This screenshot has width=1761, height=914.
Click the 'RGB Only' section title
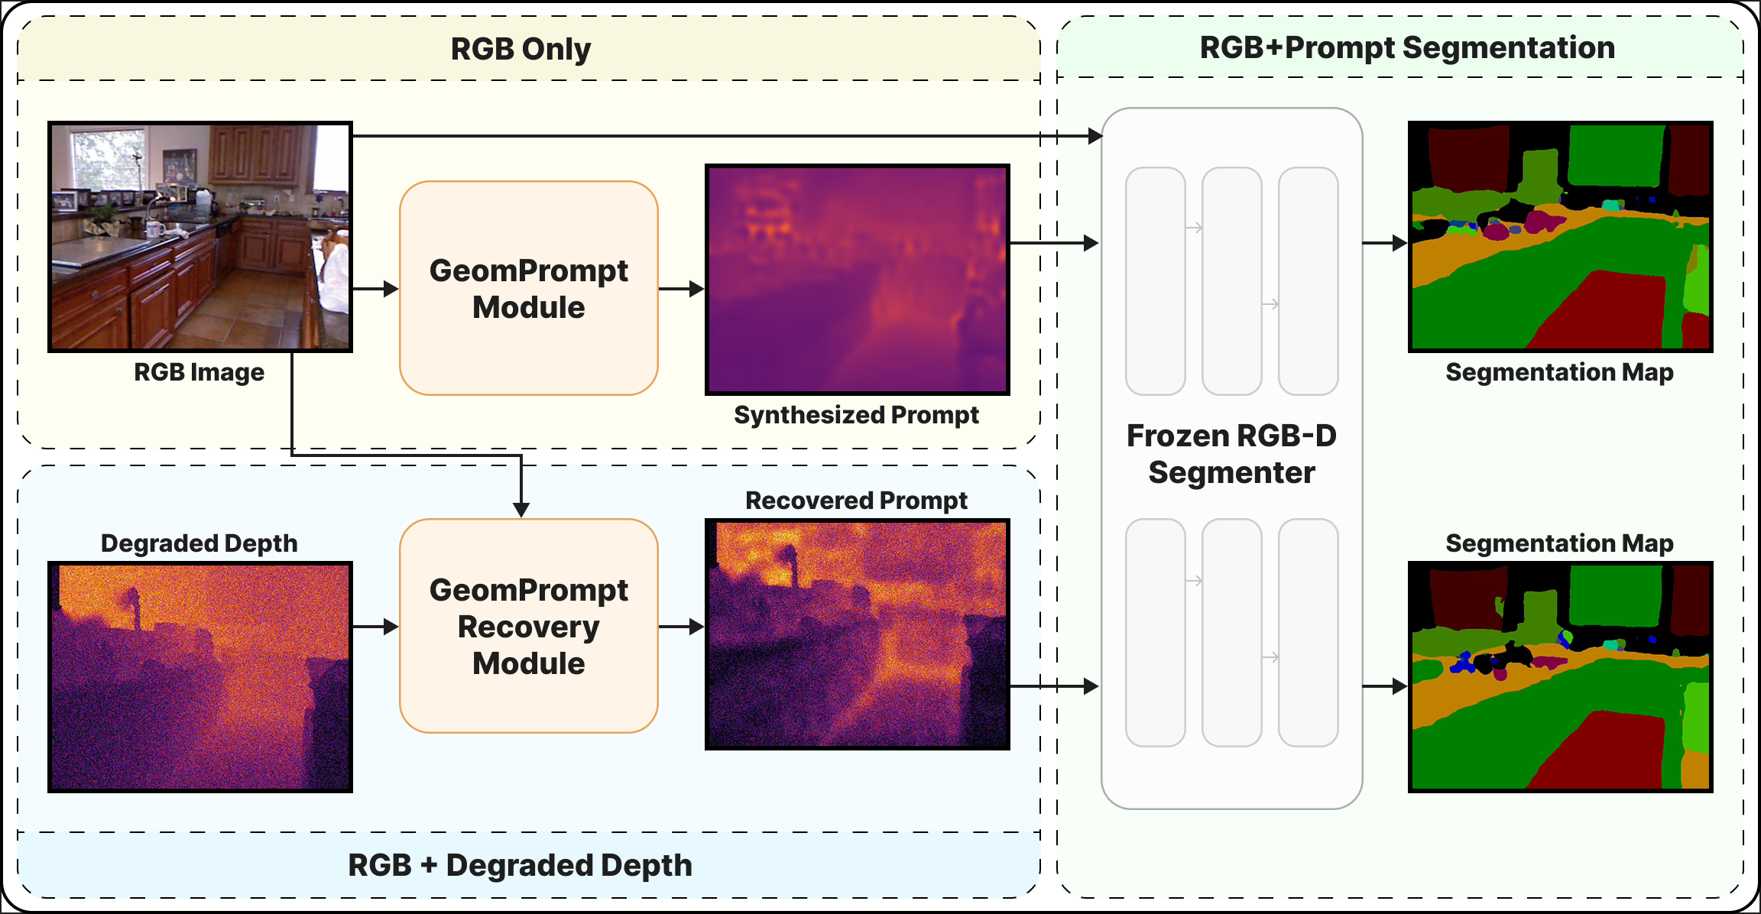pos(521,49)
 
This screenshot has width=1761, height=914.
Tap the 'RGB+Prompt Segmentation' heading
pos(1407,47)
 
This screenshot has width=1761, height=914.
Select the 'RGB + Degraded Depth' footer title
pos(520,865)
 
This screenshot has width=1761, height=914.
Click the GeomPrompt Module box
pos(528,288)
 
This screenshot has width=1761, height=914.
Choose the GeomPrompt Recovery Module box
pos(528,626)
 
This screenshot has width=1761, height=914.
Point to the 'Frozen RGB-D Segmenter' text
pos(1231,454)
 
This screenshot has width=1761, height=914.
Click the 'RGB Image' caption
pos(199,372)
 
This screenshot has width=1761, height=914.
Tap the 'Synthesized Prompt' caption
pos(856,415)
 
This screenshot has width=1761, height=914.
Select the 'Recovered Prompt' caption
pos(856,501)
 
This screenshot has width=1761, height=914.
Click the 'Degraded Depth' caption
pos(199,543)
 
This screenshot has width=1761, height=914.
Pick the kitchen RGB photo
pos(200,237)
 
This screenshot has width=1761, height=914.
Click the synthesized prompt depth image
pos(857,280)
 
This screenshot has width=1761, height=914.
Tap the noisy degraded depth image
pos(200,677)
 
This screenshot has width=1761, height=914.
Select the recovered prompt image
pos(857,634)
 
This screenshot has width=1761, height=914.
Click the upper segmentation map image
pos(1560,237)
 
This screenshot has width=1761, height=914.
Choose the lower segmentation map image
pos(1560,677)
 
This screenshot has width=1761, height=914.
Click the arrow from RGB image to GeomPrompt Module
pos(375,289)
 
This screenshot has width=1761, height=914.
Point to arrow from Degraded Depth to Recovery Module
pos(375,627)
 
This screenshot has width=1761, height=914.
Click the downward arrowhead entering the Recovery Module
pos(521,509)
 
